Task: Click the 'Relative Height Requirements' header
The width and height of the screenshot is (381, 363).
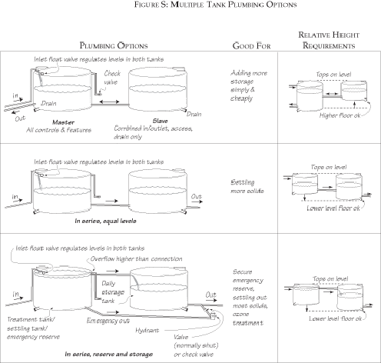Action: coord(329,41)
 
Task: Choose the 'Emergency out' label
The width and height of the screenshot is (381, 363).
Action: coord(108,318)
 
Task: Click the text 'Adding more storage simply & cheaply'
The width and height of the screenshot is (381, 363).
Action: coord(247,87)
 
